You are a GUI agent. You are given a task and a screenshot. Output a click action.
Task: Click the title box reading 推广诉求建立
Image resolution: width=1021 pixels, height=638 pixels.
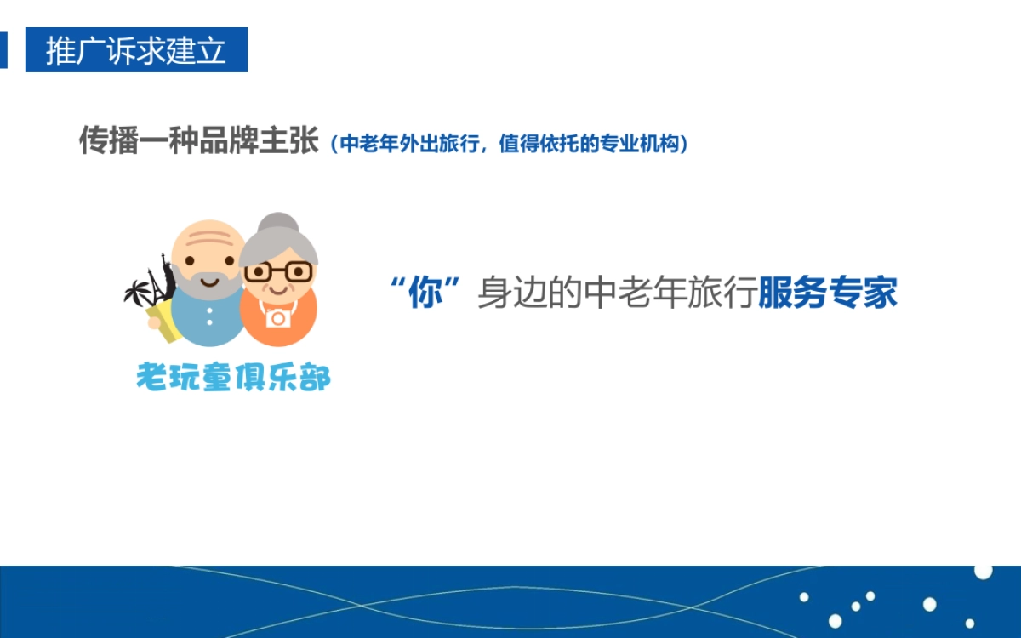[136, 50]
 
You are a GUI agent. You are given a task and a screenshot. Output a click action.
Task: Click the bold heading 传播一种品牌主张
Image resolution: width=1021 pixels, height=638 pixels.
[198, 141]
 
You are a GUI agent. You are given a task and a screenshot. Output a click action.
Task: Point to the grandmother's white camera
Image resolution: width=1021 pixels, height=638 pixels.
[277, 317]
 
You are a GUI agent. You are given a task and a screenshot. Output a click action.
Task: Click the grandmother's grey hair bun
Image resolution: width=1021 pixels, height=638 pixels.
[278, 224]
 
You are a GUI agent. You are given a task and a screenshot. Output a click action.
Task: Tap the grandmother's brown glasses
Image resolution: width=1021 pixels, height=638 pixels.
[277, 272]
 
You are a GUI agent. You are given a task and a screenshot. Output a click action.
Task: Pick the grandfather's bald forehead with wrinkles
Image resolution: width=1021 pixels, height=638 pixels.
[206, 241]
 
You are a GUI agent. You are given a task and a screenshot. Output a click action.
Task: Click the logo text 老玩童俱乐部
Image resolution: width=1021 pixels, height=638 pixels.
[233, 377]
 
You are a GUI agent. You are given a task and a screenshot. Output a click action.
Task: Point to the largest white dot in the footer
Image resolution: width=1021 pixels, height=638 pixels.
[983, 571]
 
